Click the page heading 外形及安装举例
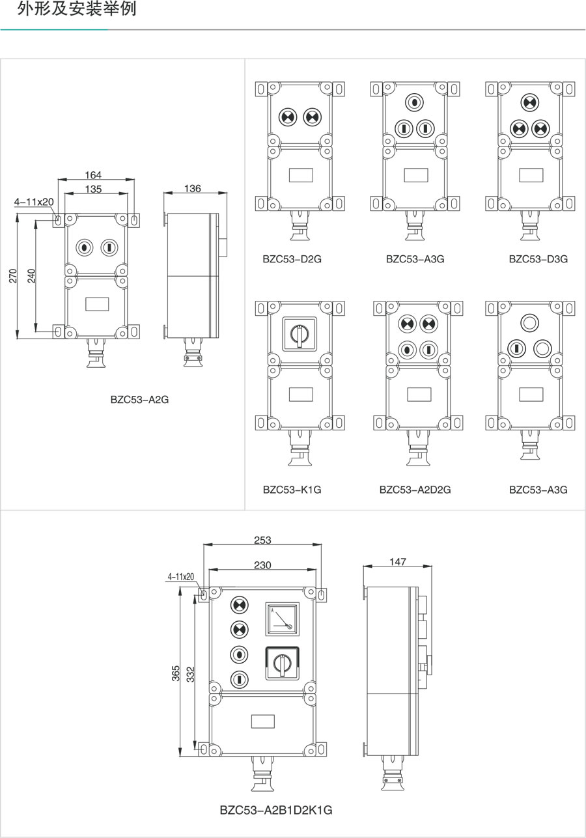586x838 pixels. pyautogui.click(x=77, y=10)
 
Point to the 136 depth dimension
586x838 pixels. pyautogui.click(x=193, y=188)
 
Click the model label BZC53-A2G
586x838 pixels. pyautogui.click(x=139, y=400)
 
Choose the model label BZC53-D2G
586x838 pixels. pyautogui.click(x=292, y=258)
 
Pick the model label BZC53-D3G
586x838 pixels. pyautogui.click(x=538, y=258)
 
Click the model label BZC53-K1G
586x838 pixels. pyautogui.click(x=292, y=489)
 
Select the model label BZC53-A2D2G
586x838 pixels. pyautogui.click(x=415, y=489)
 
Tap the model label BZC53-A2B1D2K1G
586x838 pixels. pyautogui.click(x=276, y=811)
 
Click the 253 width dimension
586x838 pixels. pyautogui.click(x=262, y=540)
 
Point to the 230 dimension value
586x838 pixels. pyautogui.click(x=262, y=565)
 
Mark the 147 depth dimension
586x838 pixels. pyautogui.click(x=398, y=561)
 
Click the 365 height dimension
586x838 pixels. pyautogui.click(x=176, y=673)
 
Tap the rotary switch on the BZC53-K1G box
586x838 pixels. pyautogui.click(x=299, y=333)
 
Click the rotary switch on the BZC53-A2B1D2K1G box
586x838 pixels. pyautogui.click(x=283, y=663)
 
